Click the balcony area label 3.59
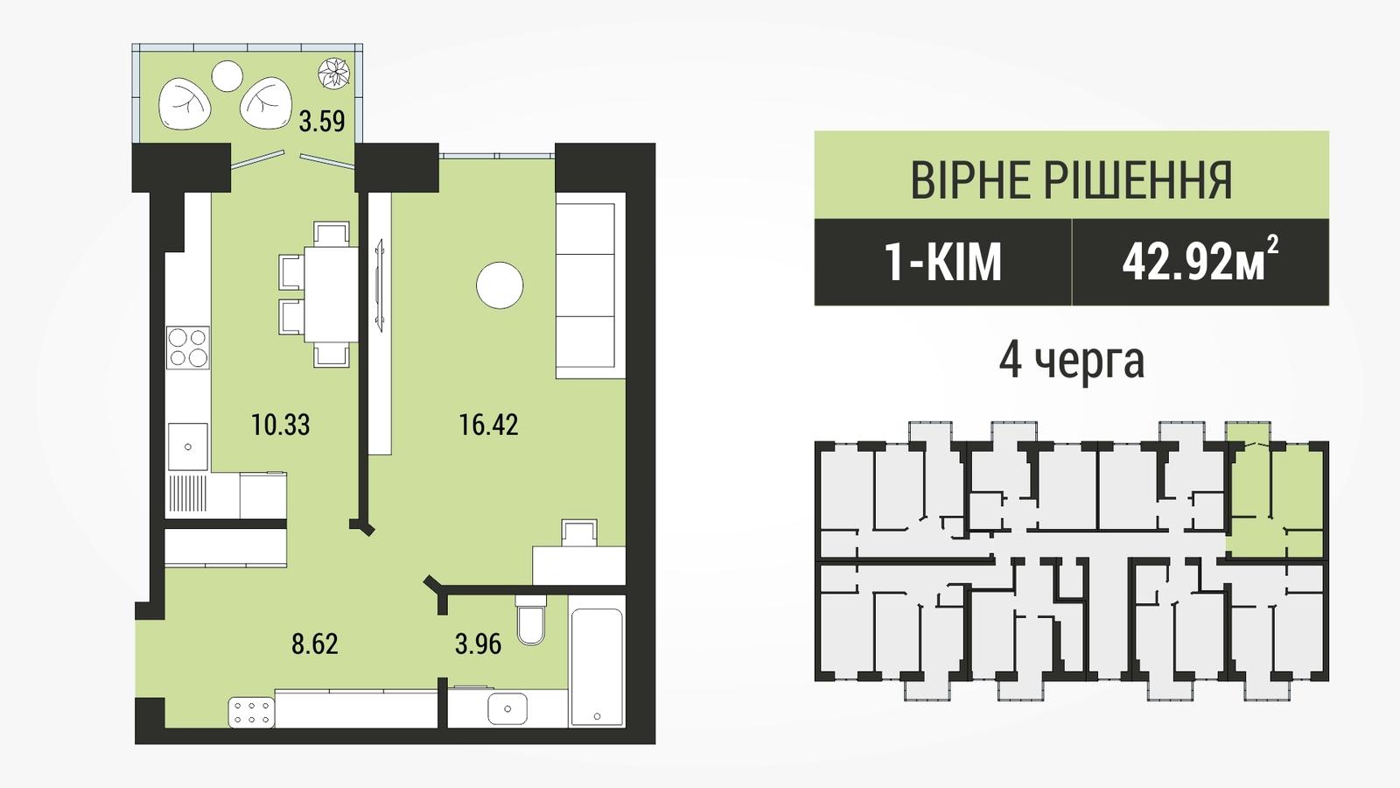click(x=322, y=122)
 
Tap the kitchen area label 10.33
click(x=281, y=426)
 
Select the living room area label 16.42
click(x=489, y=426)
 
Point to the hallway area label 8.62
click(x=315, y=644)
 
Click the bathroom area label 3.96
click(x=478, y=644)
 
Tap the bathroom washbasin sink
click(x=507, y=709)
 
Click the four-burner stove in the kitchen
click(x=188, y=348)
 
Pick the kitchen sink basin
click(x=188, y=447)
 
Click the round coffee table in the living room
click(x=500, y=285)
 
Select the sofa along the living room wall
click(x=591, y=285)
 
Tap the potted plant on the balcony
click(x=333, y=74)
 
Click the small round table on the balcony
click(x=227, y=76)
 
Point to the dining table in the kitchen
click(x=332, y=294)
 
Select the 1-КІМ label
click(x=942, y=263)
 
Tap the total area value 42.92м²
click(x=1200, y=261)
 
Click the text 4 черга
click(x=1071, y=361)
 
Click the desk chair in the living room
click(x=579, y=533)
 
